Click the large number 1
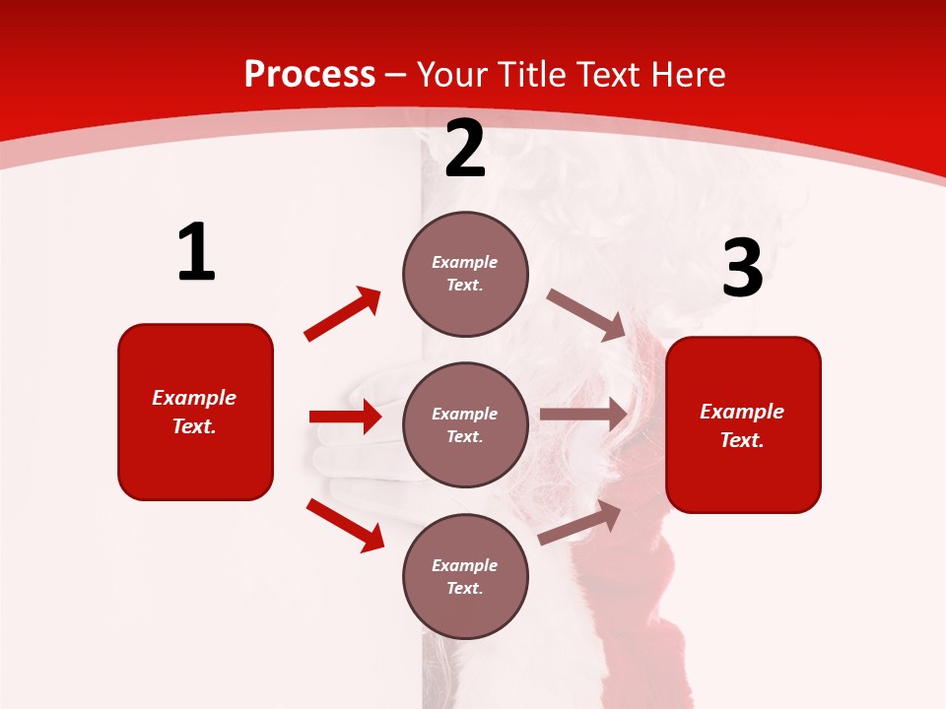click(196, 253)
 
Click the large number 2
click(465, 149)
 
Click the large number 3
click(742, 269)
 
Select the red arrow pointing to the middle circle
click(345, 417)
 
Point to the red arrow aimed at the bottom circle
click(345, 524)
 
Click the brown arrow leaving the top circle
click(585, 314)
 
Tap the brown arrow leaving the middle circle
click(583, 415)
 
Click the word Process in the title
click(309, 74)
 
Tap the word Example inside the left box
click(194, 398)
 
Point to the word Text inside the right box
click(742, 440)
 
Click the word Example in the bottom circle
click(465, 565)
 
